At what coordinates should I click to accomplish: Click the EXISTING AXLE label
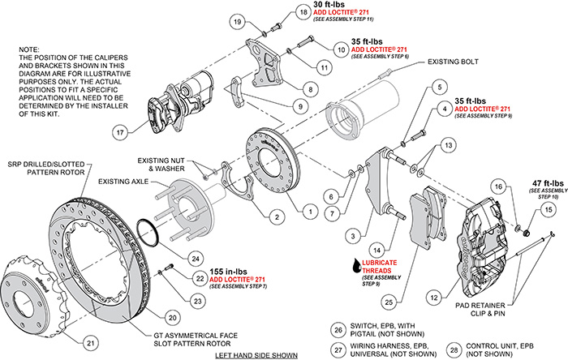pyautogui.click(x=125, y=182)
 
